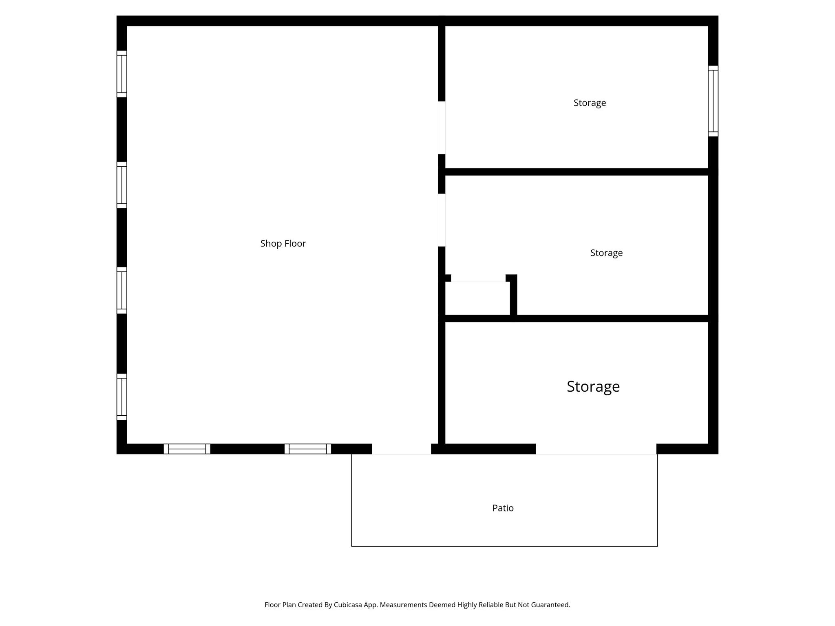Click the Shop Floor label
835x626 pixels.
283,243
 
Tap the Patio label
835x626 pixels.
503,508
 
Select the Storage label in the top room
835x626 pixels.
590,103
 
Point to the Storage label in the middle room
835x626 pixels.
606,253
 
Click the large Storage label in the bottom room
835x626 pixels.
593,386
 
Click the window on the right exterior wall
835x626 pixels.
713,101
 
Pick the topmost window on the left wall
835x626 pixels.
121,74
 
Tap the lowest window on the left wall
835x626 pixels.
121,397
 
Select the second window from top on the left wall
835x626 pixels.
121,185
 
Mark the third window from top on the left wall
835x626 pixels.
121,291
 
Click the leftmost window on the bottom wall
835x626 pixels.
187,449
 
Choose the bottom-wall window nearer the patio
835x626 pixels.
308,449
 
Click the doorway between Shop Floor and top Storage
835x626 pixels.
442,128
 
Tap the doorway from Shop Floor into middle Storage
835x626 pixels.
442,220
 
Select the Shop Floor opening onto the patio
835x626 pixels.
401,449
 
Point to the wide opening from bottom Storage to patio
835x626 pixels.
596,449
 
